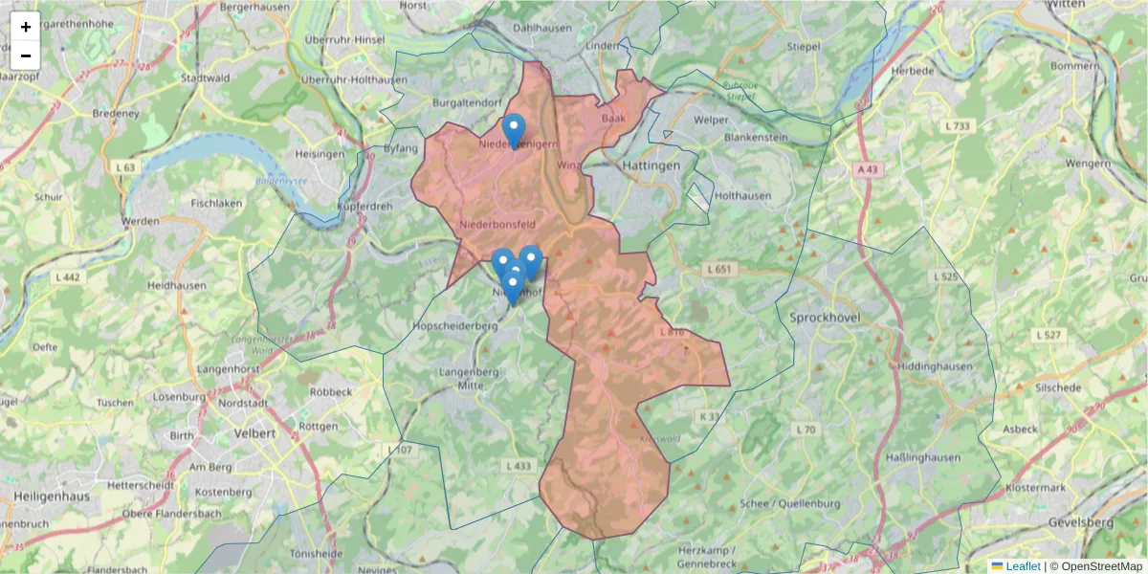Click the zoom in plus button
click(x=26, y=27)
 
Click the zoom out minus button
click(x=26, y=55)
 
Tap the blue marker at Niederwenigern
click(x=514, y=130)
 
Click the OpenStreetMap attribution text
click(x=1095, y=566)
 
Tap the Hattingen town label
click(x=651, y=166)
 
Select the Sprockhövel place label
click(x=826, y=317)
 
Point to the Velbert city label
click(x=255, y=432)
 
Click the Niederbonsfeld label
click(x=495, y=224)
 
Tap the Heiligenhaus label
click(x=52, y=497)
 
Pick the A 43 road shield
click(x=867, y=168)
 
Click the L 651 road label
click(x=718, y=269)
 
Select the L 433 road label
click(x=517, y=465)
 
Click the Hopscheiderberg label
click(x=454, y=325)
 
